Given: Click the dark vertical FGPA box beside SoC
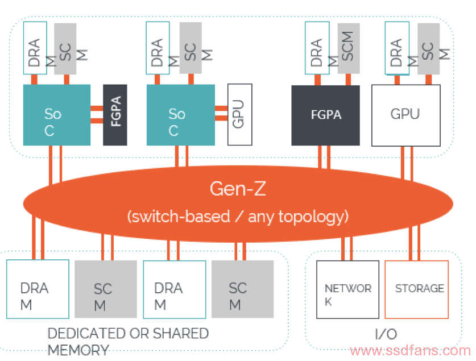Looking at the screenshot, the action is [115, 115].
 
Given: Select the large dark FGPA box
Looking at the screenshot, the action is [326, 115].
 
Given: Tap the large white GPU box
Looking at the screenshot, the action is [406, 115].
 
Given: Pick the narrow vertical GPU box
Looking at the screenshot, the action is [240, 114].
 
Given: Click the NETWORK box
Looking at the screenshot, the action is [347, 289].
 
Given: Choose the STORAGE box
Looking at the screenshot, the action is [416, 289].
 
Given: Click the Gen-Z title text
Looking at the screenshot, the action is [238, 189].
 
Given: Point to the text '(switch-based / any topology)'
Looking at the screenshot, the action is [238, 217].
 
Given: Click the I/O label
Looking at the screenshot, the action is [386, 334].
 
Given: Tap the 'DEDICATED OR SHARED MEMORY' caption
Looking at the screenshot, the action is [128, 342].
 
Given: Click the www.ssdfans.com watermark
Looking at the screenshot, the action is [410, 351].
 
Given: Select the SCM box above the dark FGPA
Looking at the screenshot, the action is [349, 48].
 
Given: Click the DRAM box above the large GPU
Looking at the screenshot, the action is [397, 48].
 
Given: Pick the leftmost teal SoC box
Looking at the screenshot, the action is [57, 115].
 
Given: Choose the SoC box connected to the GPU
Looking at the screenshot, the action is [181, 115].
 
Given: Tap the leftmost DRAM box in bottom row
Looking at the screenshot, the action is [38, 289].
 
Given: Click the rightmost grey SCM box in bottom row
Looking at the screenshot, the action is [242, 289].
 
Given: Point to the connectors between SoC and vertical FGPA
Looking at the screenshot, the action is [97, 114].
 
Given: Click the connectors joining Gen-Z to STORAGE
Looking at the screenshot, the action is [415, 243].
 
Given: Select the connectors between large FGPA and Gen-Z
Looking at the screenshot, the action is [324, 157].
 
